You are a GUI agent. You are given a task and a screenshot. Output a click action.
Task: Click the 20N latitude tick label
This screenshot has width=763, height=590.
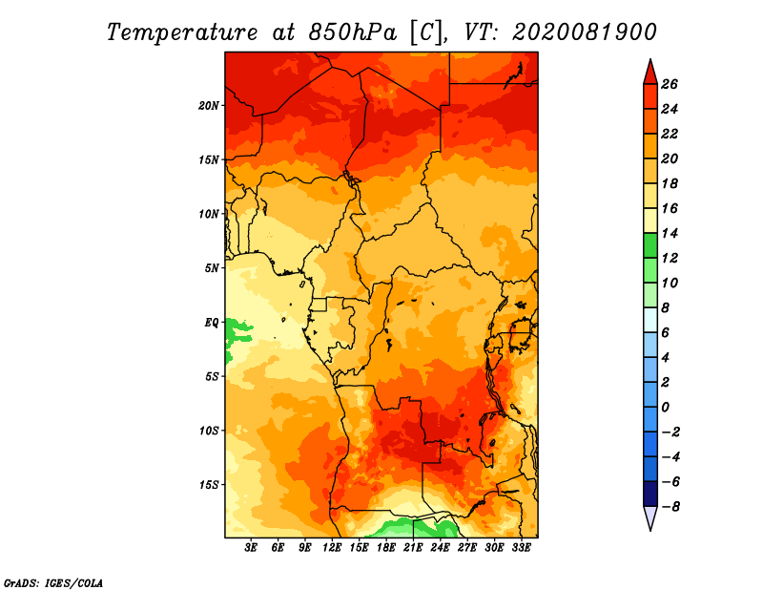209,106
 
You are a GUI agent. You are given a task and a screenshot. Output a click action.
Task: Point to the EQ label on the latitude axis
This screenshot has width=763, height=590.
212,323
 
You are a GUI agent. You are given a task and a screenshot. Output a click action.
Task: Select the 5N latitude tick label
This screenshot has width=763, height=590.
212,268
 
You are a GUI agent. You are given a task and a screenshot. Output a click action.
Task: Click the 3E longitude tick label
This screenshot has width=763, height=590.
251,548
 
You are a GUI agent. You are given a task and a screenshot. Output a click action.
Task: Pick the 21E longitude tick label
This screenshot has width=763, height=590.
413,548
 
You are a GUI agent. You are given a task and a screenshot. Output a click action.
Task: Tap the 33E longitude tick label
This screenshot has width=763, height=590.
521,548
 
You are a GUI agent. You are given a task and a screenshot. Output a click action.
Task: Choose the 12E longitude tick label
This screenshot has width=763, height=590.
331,548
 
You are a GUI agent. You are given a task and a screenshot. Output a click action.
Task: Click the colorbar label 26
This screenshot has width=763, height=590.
670,84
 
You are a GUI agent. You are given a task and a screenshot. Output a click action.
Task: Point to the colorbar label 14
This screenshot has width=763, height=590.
670,233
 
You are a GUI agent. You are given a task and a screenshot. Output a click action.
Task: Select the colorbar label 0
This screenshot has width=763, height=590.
665,408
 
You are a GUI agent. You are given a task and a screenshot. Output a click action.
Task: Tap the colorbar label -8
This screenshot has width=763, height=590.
670,507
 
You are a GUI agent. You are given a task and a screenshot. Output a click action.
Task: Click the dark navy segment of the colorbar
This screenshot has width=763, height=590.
650,494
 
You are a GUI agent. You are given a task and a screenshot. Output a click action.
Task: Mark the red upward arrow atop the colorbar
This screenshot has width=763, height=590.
650,74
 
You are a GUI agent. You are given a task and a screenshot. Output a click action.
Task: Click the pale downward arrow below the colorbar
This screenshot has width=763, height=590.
650,517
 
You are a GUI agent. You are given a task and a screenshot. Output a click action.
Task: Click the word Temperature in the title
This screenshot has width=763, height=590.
182,32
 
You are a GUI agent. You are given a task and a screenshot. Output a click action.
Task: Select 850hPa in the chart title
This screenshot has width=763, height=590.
353,32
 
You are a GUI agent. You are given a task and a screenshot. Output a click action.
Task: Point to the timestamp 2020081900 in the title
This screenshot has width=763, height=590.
585,32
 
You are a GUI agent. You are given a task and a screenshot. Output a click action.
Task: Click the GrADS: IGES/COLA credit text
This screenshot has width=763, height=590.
53,583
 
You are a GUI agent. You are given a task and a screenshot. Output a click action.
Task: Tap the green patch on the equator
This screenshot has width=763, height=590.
238,332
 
